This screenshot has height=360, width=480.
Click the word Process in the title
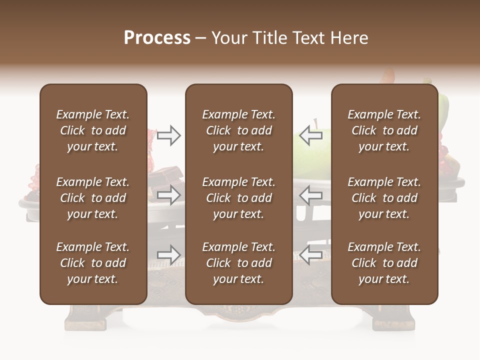point(157,38)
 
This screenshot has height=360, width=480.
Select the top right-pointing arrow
point(168,135)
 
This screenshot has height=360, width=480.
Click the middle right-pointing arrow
point(168,195)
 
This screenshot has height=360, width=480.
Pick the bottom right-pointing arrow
point(168,255)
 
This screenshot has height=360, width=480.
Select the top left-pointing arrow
point(311,135)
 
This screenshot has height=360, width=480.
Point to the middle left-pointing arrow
point(311,195)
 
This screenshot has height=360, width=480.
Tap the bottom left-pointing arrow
point(311,255)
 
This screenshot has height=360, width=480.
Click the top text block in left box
point(93,130)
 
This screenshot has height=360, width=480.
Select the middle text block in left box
point(93,198)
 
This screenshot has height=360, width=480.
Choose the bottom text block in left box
point(93,263)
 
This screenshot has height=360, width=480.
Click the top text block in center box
point(238,130)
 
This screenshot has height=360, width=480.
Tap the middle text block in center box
point(238,198)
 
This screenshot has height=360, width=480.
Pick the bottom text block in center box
point(238,263)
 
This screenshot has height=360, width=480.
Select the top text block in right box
point(384,130)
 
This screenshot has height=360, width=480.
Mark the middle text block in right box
point(384,198)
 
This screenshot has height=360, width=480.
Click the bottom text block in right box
point(384,263)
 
